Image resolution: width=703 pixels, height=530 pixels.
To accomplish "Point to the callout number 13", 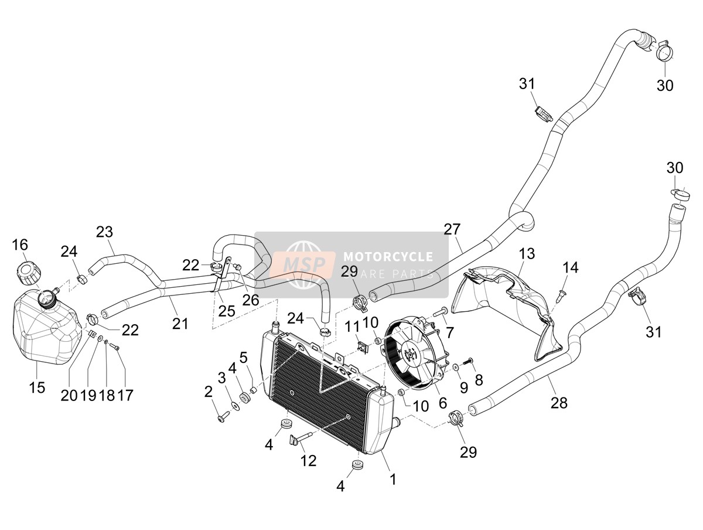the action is click(527, 254).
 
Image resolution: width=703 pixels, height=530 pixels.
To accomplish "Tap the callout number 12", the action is click(308, 461).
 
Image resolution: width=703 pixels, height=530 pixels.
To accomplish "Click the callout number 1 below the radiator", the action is click(393, 480).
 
